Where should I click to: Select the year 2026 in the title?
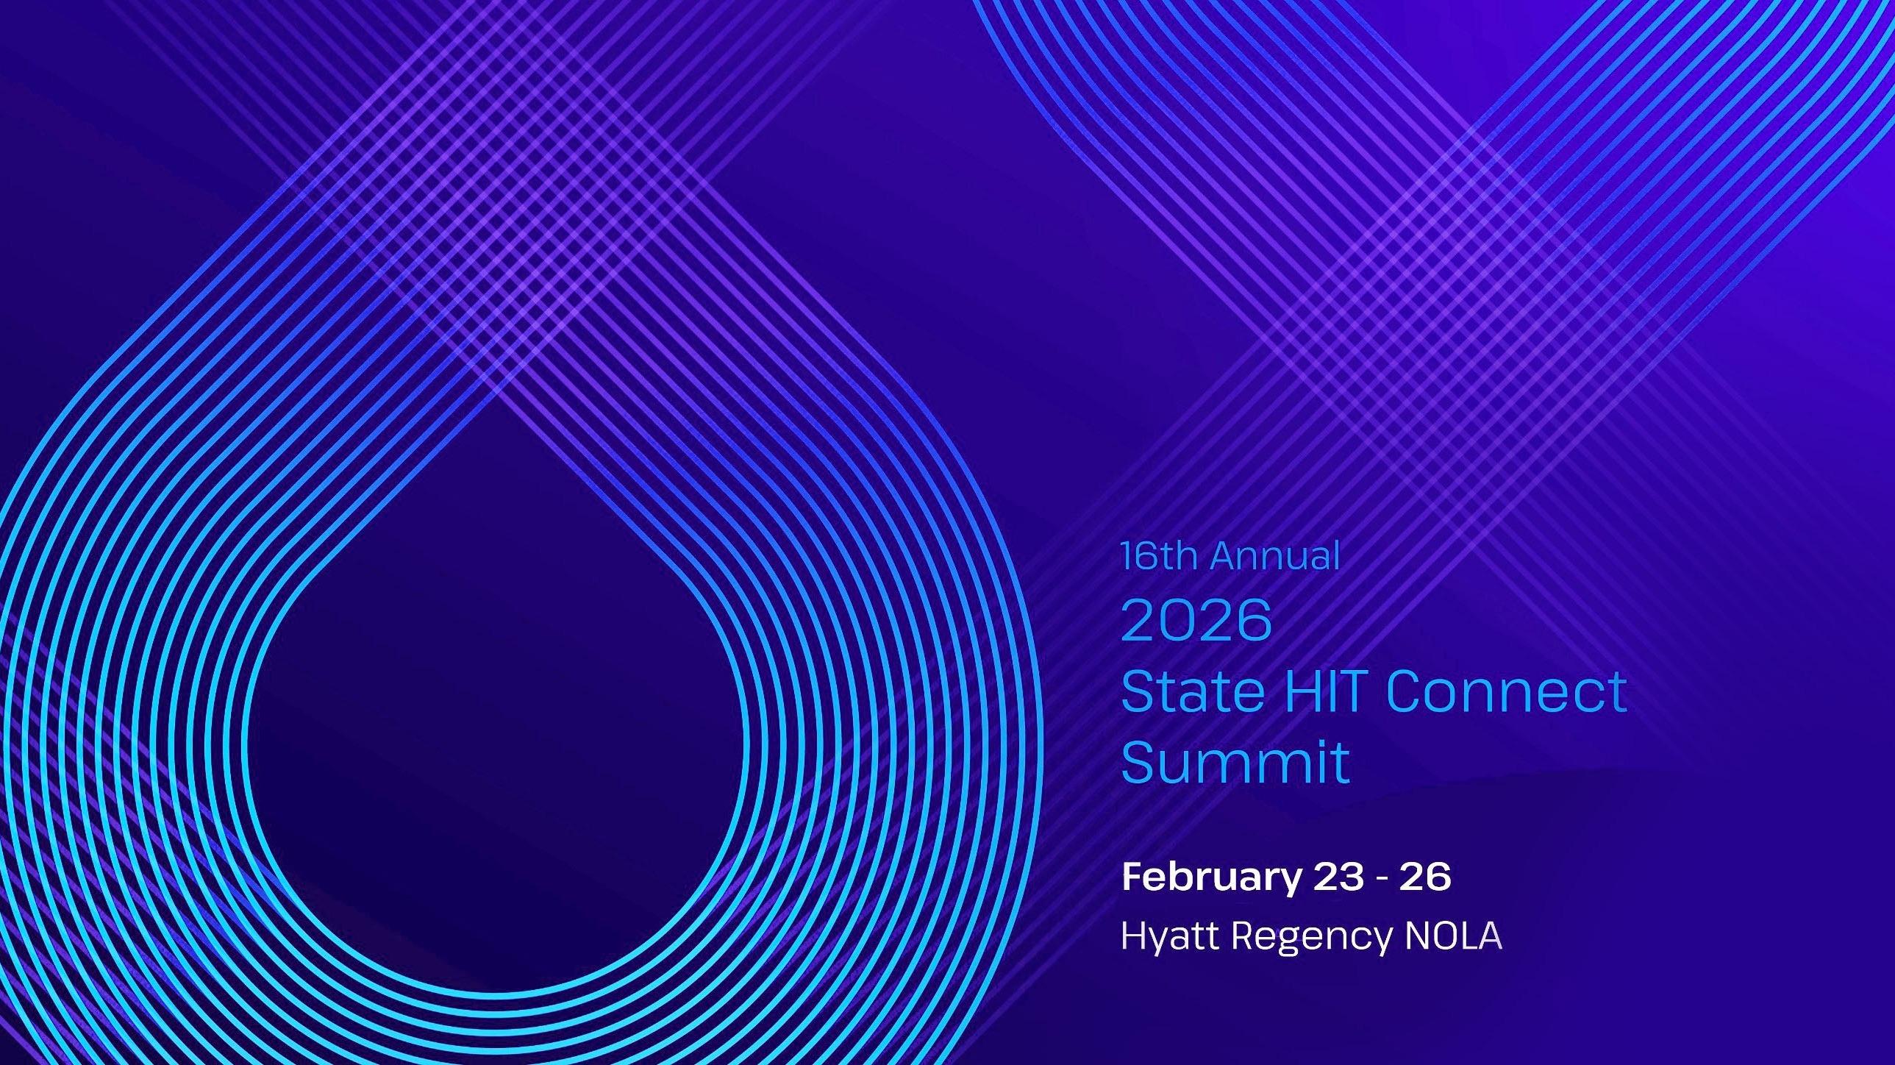coord(1196,620)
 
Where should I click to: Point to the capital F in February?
coord(1132,877)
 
